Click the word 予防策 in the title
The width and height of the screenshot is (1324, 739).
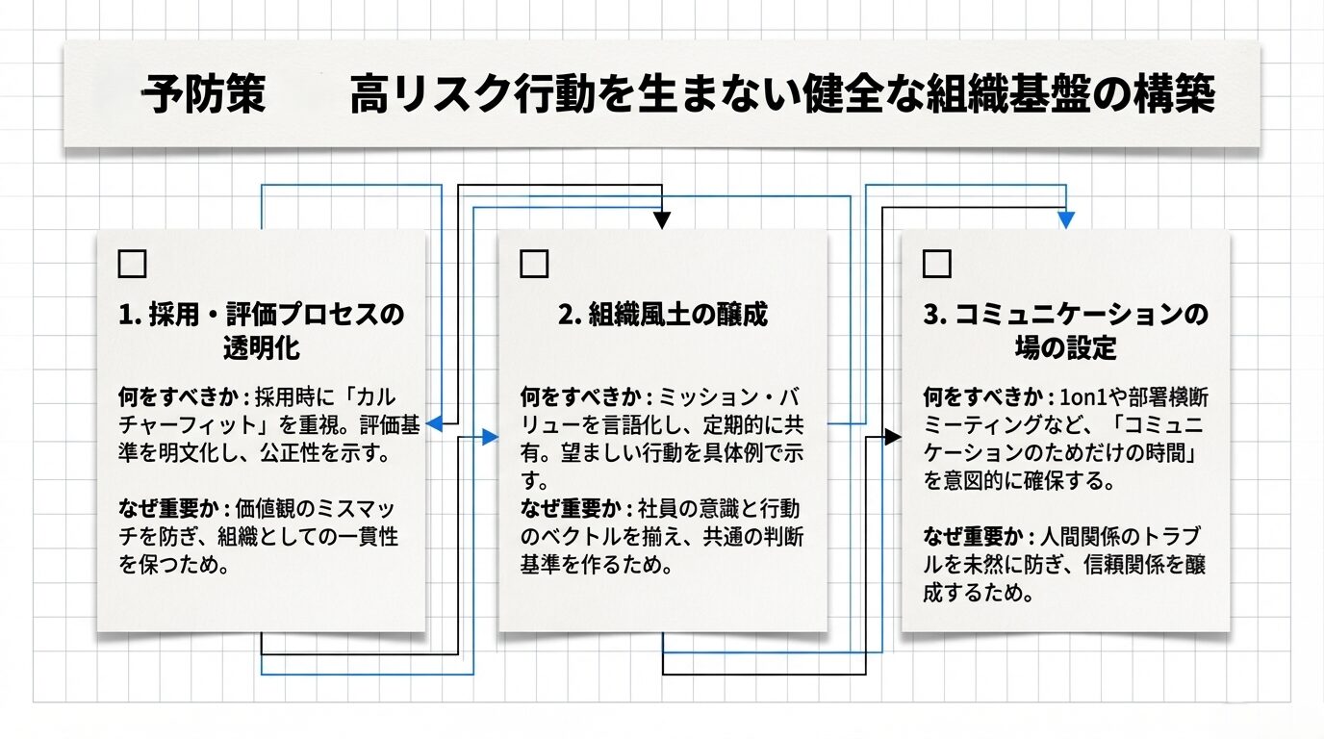click(204, 97)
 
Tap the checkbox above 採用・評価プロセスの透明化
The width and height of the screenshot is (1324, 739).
click(131, 264)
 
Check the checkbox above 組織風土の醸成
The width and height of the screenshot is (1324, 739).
click(534, 264)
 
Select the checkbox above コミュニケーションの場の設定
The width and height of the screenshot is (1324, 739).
click(936, 264)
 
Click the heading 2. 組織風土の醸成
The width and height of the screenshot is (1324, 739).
click(663, 316)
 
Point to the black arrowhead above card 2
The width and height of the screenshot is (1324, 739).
click(662, 220)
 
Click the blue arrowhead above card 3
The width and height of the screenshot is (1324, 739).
click(1065, 220)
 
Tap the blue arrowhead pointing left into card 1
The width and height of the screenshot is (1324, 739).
click(433, 422)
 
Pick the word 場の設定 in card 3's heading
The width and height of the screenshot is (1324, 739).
click(1065, 347)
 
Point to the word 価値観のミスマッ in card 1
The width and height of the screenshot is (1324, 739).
click(329, 508)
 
